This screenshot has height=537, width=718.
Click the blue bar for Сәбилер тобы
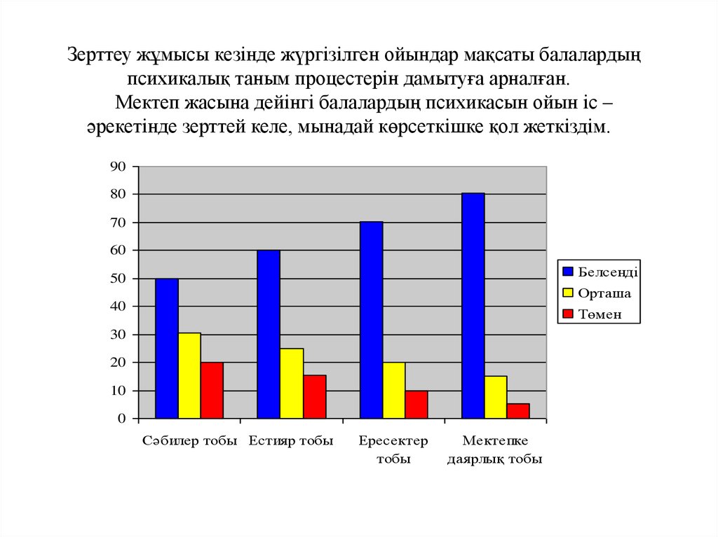click(x=167, y=348)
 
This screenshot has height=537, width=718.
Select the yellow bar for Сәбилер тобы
click(x=189, y=375)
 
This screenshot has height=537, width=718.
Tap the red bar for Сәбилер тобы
click(x=212, y=390)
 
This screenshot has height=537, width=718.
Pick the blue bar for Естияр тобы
click(x=269, y=334)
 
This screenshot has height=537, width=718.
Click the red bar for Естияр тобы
click(x=315, y=396)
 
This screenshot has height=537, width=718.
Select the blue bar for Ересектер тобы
click(x=371, y=320)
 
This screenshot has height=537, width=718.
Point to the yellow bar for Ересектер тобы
click(x=394, y=390)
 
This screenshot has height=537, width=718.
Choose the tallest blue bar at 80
click(x=473, y=305)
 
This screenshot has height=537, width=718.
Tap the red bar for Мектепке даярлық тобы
click(x=518, y=410)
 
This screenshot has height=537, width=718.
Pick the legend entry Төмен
click(x=600, y=315)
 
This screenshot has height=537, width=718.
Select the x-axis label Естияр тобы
click(x=291, y=441)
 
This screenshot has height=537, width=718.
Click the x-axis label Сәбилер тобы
click(x=190, y=441)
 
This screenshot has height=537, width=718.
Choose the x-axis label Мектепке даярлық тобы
click(x=495, y=450)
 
